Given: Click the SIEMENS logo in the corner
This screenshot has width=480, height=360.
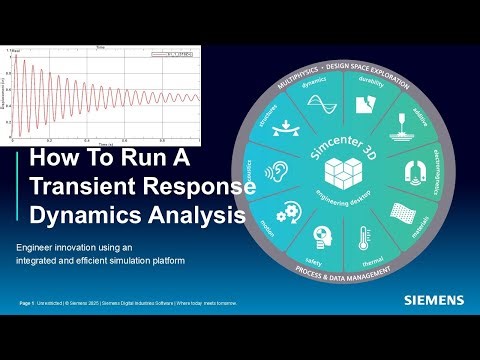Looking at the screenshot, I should (x=434, y=299).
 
